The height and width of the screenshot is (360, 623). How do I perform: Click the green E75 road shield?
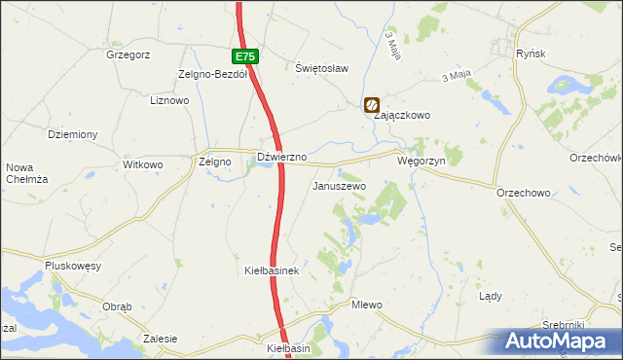click(246, 57)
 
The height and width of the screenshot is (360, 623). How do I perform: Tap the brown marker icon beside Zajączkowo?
click(372, 104)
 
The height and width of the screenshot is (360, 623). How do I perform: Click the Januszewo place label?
click(338, 185)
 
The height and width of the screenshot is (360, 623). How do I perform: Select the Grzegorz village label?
click(128, 54)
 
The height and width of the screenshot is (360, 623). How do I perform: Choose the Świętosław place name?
click(321, 68)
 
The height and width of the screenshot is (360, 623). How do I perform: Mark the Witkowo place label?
click(142, 164)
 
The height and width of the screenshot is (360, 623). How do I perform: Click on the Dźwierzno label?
click(281, 157)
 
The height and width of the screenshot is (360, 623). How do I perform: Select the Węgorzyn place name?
click(421, 161)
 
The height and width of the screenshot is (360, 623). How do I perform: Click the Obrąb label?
click(117, 306)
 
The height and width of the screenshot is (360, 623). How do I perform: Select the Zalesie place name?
click(160, 339)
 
